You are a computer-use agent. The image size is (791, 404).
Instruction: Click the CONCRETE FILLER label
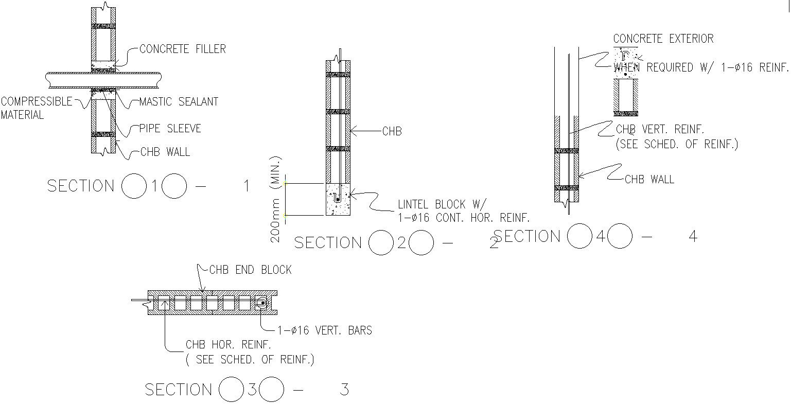(182, 49)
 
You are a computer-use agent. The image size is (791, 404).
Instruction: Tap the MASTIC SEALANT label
(179, 101)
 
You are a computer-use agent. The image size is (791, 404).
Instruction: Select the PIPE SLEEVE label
(170, 128)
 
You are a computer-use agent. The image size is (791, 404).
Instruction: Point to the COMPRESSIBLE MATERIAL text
(36, 108)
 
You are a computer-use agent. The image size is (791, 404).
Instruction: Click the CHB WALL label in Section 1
(165, 152)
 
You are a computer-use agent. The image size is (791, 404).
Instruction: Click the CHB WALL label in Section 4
(649, 179)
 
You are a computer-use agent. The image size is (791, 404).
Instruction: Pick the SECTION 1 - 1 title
(149, 186)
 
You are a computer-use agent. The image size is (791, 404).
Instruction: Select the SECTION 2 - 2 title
(396, 243)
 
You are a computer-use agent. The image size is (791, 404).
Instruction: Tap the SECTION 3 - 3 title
(247, 390)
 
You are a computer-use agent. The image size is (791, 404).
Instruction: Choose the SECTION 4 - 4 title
(595, 237)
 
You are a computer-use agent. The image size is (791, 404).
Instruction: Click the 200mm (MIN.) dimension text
(276, 199)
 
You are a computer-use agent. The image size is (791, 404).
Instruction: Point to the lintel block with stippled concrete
(338, 199)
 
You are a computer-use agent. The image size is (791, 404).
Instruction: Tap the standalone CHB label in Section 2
(392, 131)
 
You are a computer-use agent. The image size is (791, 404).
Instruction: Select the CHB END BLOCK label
(250, 270)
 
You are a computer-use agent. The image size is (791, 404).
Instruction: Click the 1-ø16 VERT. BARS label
(324, 330)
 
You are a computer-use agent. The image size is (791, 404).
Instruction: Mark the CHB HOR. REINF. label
(228, 345)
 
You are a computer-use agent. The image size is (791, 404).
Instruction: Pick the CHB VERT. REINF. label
(660, 129)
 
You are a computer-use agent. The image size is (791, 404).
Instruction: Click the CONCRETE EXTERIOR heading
(663, 39)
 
